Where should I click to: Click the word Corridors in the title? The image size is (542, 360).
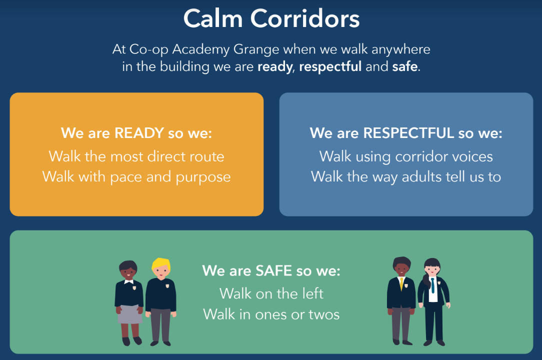coord(305,18)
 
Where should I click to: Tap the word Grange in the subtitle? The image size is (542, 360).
coord(256,50)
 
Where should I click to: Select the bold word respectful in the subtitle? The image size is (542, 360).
coord(330,66)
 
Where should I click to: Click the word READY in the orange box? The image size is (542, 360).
coord(139,133)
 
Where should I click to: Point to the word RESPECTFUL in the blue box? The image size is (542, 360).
coord(408,133)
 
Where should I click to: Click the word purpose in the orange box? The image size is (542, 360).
coord(203,178)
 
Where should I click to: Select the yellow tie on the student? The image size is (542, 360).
coord(401,283)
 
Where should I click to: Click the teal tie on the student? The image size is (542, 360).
coord(433,285)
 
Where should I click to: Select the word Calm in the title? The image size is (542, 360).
coord(213,18)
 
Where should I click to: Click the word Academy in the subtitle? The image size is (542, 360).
coord(201,50)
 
